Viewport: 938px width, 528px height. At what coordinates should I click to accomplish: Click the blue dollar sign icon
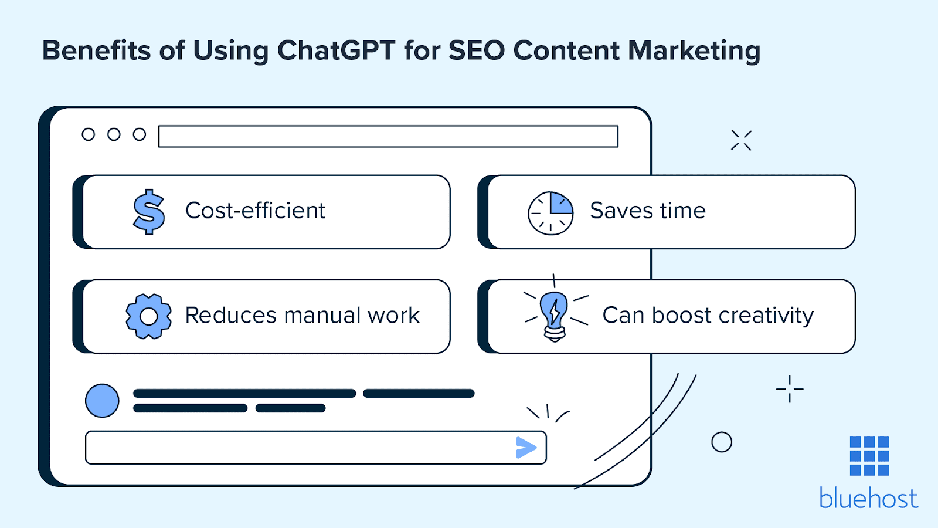(149, 212)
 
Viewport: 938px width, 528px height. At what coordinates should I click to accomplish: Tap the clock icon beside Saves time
(550, 213)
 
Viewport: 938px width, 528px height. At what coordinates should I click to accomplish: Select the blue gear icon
(149, 316)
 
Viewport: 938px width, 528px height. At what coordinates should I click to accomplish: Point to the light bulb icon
(554, 315)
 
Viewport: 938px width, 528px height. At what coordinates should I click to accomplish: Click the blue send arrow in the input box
(526, 448)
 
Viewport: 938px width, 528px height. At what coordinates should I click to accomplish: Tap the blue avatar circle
(102, 401)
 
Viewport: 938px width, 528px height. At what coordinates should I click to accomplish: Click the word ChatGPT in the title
(336, 51)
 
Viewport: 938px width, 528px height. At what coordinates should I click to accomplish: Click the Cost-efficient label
(255, 211)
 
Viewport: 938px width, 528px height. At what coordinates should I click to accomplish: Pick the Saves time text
(647, 211)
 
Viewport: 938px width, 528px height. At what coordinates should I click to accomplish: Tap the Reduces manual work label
(302, 316)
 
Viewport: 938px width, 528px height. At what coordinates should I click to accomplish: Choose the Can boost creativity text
(708, 316)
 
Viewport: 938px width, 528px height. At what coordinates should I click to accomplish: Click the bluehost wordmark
(868, 499)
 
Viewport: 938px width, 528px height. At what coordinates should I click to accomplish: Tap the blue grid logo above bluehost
(869, 456)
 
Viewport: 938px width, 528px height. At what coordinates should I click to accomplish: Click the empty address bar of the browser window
(388, 136)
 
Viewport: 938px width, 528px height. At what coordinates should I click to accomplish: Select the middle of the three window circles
(114, 135)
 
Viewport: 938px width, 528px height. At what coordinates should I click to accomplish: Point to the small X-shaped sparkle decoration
(741, 140)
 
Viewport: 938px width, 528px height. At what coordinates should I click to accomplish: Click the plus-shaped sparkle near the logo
(790, 389)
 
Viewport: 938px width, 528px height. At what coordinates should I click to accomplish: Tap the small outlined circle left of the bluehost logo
(722, 442)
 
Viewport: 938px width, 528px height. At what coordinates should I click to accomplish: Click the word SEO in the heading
(476, 51)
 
